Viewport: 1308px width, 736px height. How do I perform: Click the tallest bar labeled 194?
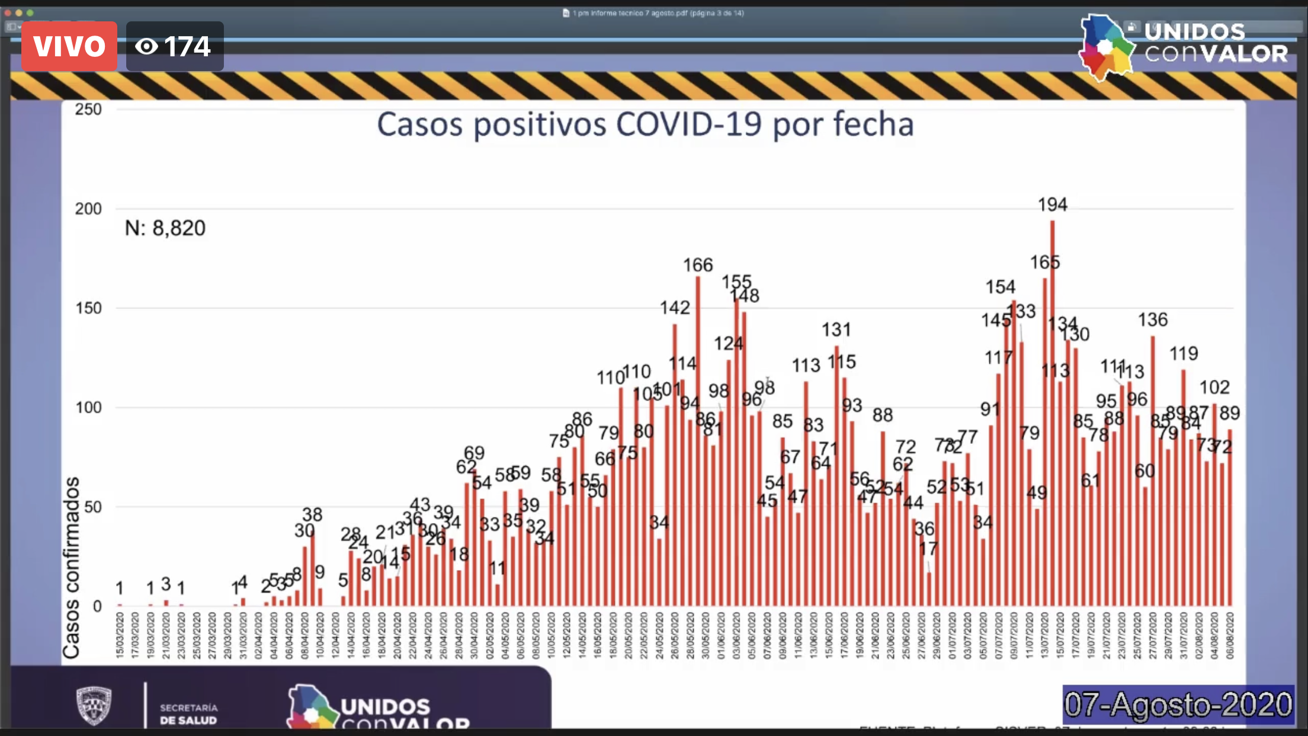click(1052, 415)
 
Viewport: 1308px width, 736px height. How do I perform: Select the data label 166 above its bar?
click(698, 265)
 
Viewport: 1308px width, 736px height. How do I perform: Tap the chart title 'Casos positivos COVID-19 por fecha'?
click(645, 124)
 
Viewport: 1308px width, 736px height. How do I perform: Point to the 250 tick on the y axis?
click(88, 110)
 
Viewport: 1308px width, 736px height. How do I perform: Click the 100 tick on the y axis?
click(88, 408)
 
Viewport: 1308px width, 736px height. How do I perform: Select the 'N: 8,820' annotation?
click(165, 228)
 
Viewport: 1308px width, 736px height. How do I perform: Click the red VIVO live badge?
click(69, 46)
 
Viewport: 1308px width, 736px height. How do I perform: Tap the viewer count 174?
click(175, 46)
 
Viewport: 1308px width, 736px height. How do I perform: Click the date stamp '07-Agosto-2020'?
click(1178, 705)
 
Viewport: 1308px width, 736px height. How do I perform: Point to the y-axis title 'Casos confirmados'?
click(72, 568)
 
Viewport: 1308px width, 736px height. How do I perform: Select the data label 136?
click(1152, 320)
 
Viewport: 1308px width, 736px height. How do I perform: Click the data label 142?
click(675, 308)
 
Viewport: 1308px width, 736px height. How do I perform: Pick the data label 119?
click(1183, 354)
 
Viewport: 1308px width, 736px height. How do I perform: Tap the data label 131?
click(836, 329)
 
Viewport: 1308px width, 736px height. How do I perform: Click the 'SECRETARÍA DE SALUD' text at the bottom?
click(188, 714)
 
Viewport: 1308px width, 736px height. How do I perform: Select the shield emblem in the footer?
click(94, 705)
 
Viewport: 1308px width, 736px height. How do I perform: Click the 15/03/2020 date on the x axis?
click(120, 636)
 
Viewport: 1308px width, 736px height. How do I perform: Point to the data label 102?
click(1214, 388)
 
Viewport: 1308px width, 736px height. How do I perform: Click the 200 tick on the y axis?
click(88, 209)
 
